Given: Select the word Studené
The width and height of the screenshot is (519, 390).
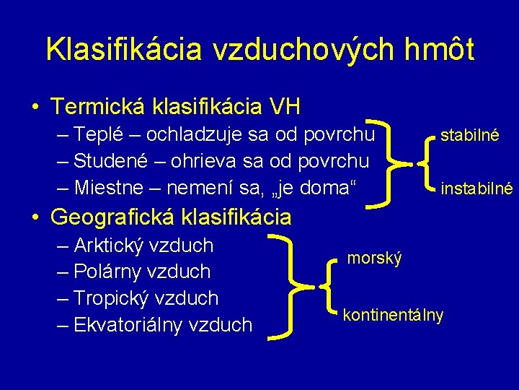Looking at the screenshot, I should [x=116, y=161].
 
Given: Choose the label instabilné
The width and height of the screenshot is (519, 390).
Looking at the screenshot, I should [x=476, y=189].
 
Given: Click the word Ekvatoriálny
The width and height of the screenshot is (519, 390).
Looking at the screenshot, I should [x=138, y=325].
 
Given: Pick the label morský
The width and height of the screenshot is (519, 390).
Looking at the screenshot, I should [x=375, y=258].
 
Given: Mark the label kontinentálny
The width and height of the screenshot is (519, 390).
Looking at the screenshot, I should [x=394, y=316].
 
